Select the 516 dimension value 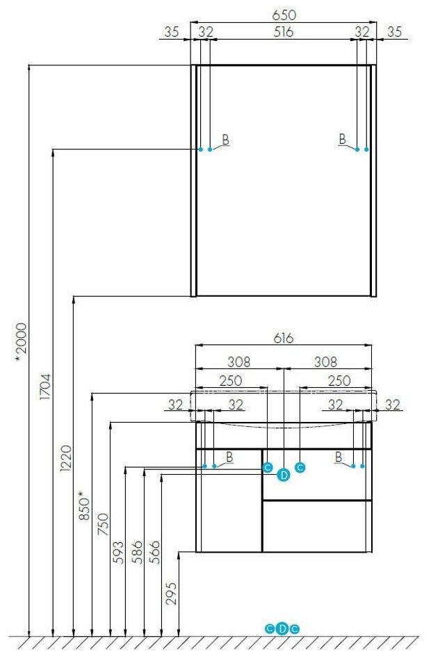[283, 32]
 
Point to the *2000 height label [21, 339]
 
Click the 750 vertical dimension [103, 521]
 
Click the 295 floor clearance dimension [172, 594]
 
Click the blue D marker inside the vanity [283, 476]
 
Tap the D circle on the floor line [282, 629]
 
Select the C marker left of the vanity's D [268, 468]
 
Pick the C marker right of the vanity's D [300, 468]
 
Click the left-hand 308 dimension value [239, 362]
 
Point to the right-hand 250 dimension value [339, 380]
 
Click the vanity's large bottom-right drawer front [317, 526]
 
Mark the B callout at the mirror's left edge [225, 140]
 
